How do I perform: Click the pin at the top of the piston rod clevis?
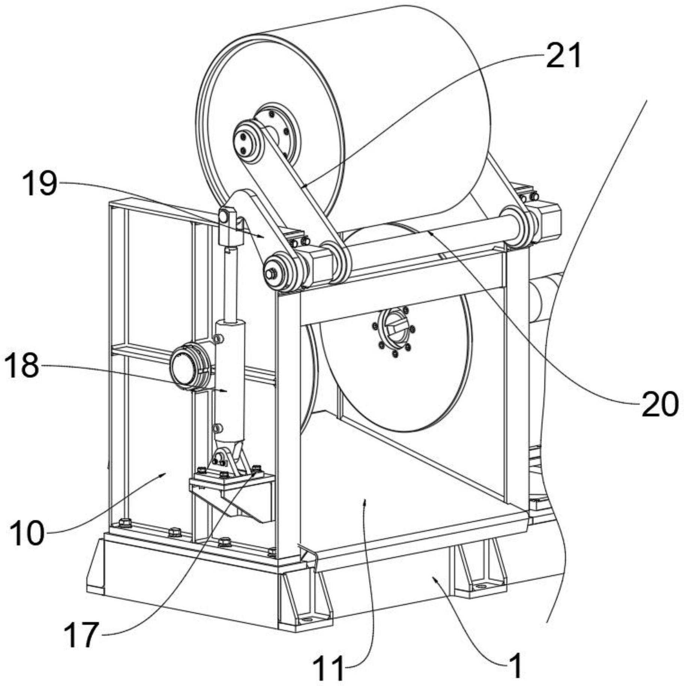click(x=224, y=217)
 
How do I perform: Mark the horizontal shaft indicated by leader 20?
click(x=423, y=236)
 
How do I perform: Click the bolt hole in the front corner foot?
click(x=307, y=620)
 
